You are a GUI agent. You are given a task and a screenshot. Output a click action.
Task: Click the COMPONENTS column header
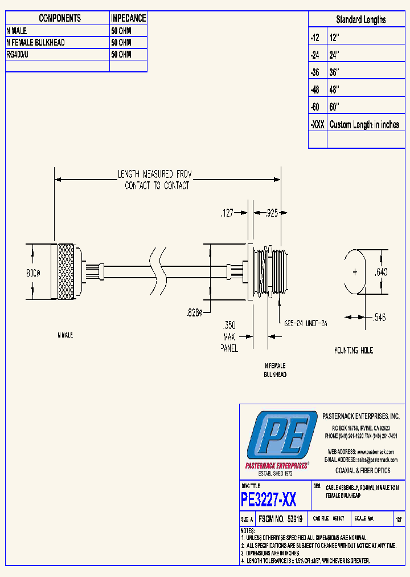pos(60,18)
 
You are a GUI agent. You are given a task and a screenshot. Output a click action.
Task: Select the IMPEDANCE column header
pos(128,18)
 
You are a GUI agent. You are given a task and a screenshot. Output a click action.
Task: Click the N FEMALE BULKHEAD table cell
pos(35,43)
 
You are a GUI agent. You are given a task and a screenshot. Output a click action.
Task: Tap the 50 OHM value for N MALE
pos(121,31)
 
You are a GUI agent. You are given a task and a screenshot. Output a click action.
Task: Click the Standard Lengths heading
pos(360,19)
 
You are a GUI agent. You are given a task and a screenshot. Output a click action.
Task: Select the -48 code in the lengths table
pos(315,90)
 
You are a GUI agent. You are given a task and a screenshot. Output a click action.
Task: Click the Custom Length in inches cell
pos(364,125)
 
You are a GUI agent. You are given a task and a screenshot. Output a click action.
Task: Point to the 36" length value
pos(334,72)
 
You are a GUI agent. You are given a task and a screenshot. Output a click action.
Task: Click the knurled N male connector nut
pos(66,272)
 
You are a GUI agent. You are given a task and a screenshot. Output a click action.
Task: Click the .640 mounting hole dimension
pos(380,273)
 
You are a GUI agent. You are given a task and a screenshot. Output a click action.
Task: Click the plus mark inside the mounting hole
pos(355,272)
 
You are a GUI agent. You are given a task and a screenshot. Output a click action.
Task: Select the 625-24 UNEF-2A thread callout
pos(307,323)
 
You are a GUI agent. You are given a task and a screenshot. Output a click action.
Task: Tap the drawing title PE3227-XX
pos(268,500)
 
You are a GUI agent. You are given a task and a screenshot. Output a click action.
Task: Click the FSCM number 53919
pos(280,519)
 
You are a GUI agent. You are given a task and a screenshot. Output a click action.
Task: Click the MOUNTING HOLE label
pos(354,350)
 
